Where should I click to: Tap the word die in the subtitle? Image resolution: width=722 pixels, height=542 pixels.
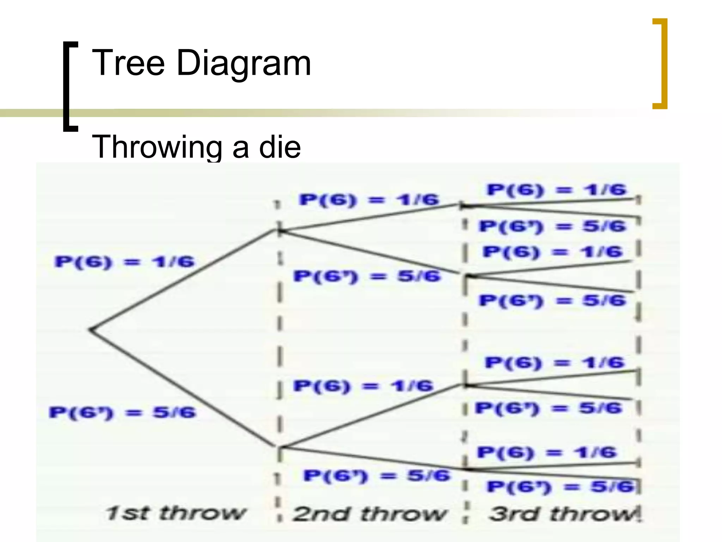(280, 147)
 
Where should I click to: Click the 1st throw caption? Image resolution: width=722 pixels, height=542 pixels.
(175, 513)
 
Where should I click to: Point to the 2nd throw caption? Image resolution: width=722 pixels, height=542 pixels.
(369, 513)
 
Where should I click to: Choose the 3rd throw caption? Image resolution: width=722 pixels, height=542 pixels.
(563, 513)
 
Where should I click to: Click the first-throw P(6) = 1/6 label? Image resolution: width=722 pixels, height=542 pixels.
(124, 262)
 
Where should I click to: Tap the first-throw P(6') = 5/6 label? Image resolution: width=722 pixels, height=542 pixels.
(122, 412)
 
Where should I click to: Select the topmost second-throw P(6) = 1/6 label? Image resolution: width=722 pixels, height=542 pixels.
(369, 200)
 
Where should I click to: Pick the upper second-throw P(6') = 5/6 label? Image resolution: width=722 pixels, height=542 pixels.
(367, 276)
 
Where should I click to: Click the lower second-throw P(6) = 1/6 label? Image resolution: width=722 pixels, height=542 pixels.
(363, 386)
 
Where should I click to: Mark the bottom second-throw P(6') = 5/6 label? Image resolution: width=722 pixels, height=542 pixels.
(377, 476)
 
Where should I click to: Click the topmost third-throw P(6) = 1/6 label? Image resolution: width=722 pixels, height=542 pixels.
(556, 190)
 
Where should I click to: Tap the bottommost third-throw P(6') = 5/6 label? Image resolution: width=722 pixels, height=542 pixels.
(561, 487)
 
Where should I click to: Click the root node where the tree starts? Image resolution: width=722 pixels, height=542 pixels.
(91, 330)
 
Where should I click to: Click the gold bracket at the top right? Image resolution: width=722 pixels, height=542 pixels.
(660, 64)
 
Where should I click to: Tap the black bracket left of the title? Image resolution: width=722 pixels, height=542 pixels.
(70, 86)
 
